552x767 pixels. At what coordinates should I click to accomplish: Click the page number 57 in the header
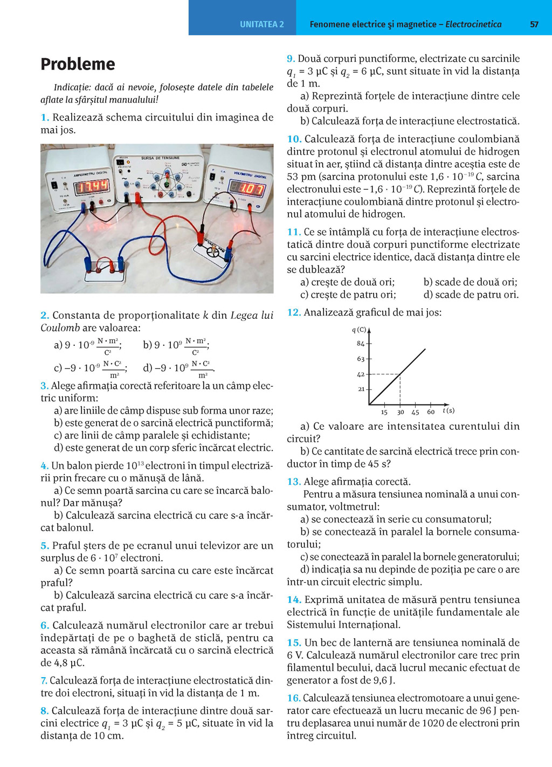pyautogui.click(x=534, y=24)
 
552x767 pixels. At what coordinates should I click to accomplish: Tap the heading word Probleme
pyautogui.click(x=78, y=64)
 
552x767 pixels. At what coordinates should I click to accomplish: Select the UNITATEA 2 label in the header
pyautogui.click(x=261, y=24)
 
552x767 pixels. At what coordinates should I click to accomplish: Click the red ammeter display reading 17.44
pyautogui.click(x=92, y=186)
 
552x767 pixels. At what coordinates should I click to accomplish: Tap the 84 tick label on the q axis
pyautogui.click(x=361, y=344)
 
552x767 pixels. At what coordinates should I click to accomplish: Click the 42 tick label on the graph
pyautogui.click(x=361, y=374)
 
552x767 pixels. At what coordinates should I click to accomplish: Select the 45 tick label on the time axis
pyautogui.click(x=415, y=412)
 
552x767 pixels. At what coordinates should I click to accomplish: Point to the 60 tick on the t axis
pyautogui.click(x=431, y=412)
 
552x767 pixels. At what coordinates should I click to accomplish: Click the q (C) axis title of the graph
pyautogui.click(x=359, y=330)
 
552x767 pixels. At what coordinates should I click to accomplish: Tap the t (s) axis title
pyautogui.click(x=448, y=410)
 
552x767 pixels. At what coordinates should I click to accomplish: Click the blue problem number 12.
pyautogui.click(x=293, y=312)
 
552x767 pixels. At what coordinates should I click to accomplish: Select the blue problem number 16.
pyautogui.click(x=293, y=698)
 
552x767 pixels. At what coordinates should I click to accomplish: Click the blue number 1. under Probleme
pyautogui.click(x=45, y=117)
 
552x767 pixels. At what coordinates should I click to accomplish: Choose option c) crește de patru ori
pyautogui.click(x=348, y=295)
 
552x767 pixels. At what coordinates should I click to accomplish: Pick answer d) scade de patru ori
pyautogui.click(x=471, y=295)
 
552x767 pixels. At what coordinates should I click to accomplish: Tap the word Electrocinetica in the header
pyautogui.click(x=473, y=24)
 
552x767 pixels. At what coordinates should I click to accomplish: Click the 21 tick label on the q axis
pyautogui.click(x=361, y=389)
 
